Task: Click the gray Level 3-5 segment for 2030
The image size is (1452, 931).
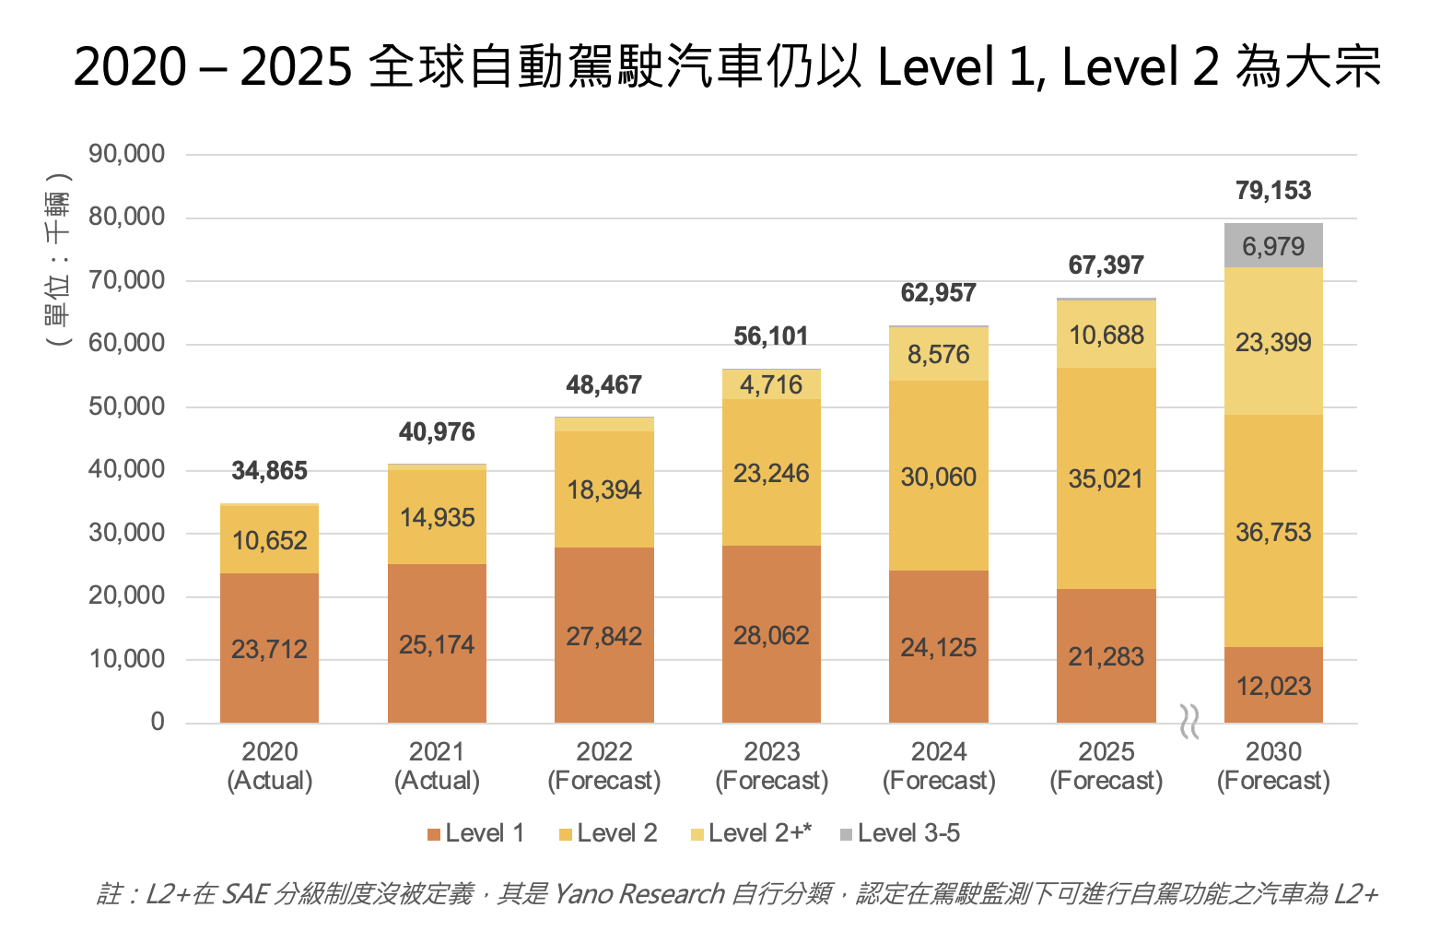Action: pos(1272,245)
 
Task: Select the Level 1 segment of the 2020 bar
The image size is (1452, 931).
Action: pos(269,648)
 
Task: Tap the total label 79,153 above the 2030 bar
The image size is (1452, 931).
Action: pos(1272,191)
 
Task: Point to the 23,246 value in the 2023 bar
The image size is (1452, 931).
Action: pos(771,473)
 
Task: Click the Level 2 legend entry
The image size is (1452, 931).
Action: pos(608,833)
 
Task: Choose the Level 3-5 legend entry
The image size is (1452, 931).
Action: pos(900,833)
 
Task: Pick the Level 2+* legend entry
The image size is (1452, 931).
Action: pos(751,833)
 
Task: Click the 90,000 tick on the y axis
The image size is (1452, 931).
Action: pos(127,154)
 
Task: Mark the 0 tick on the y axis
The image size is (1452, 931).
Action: pos(158,722)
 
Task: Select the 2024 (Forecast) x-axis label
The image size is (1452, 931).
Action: pos(939,766)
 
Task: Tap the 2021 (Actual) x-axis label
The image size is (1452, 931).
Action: pos(437,766)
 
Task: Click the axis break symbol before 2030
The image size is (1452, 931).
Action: pos(1189,721)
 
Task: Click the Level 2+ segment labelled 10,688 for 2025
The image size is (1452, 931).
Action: pos(1106,335)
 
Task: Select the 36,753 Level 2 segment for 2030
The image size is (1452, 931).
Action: pos(1272,532)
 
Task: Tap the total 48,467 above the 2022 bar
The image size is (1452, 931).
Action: pos(603,385)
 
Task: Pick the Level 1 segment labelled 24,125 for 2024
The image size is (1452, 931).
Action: pos(938,647)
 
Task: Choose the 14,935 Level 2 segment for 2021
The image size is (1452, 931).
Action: pos(437,517)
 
